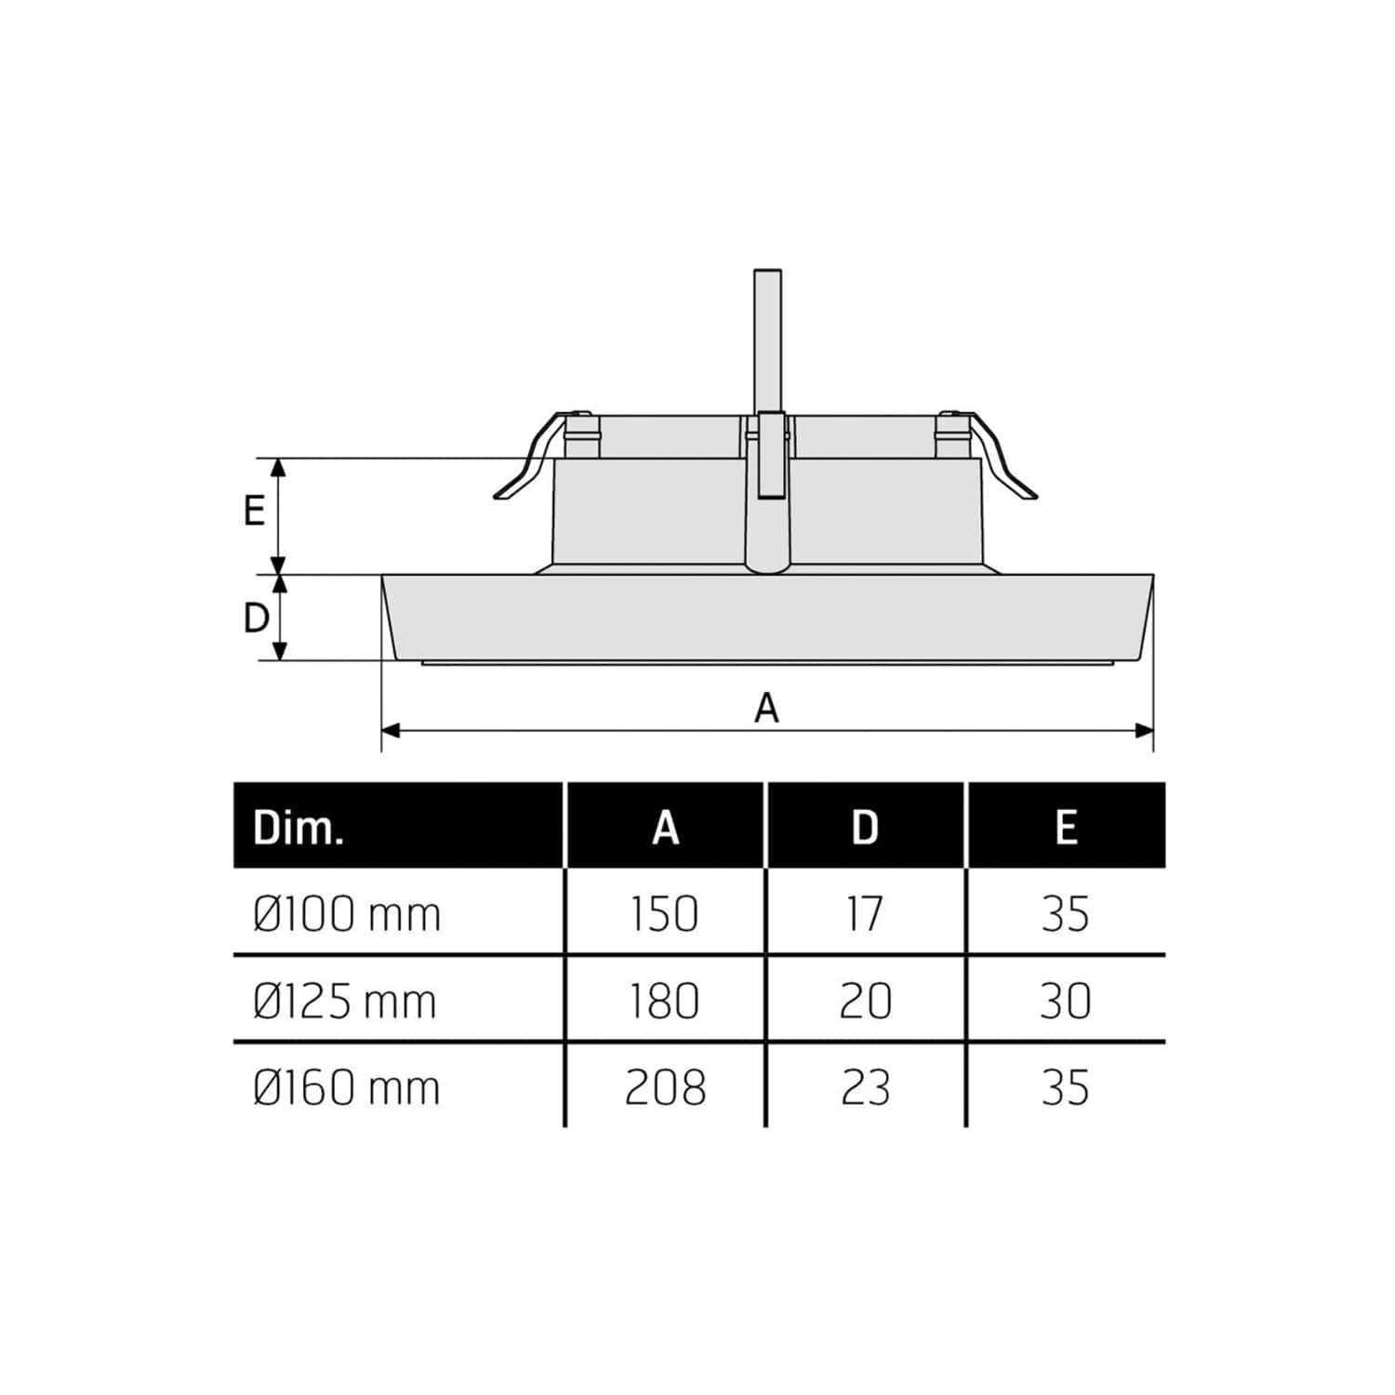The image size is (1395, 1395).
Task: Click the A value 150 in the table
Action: [665, 914]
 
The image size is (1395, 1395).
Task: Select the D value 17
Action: [865, 914]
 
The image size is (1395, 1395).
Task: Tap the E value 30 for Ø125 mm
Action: [1066, 1002]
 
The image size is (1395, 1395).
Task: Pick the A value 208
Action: [666, 1088]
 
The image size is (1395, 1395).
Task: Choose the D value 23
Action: [866, 1088]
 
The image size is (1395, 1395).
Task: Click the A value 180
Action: [665, 1002]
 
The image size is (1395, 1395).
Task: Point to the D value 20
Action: [866, 1002]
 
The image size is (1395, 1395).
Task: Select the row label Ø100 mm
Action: [346, 914]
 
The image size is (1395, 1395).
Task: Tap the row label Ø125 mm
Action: [345, 1002]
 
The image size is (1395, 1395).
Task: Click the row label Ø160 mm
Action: [346, 1088]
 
